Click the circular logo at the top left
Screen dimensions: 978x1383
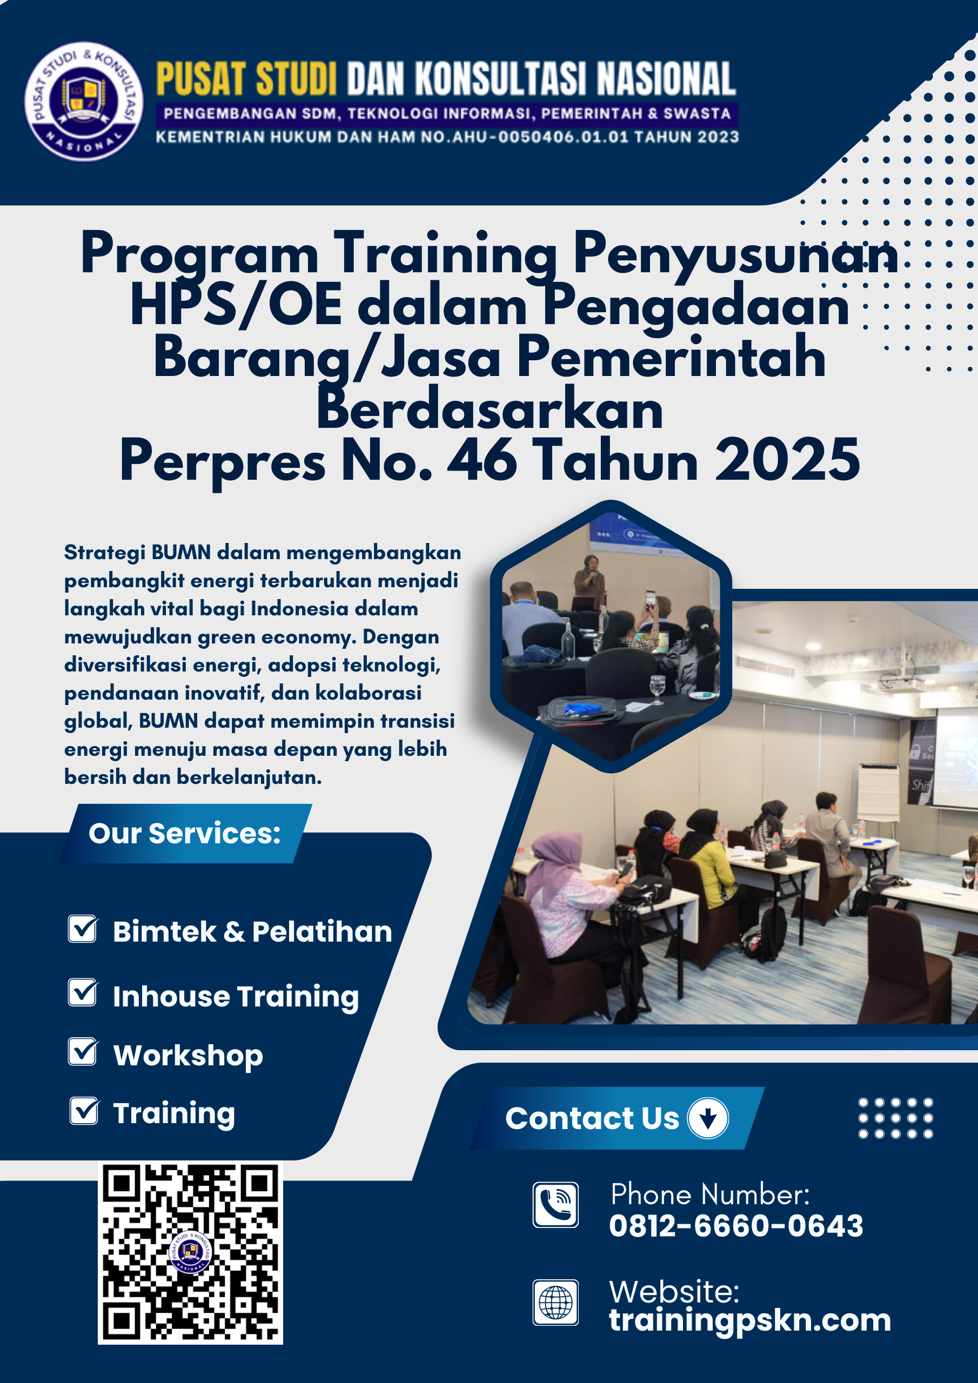84,101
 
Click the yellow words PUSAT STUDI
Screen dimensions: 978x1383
246,79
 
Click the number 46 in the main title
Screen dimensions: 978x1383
482,461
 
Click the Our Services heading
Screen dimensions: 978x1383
184,834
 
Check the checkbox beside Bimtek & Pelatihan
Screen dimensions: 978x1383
83,929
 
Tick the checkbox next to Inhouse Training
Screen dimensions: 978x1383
83,992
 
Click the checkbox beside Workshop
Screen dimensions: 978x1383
83,1052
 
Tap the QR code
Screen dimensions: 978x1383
190,1253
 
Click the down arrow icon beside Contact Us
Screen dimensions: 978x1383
708,1118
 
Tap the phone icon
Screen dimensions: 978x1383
555,1205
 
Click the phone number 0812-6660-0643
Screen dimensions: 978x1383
736,1226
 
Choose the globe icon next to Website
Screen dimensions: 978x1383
555,1303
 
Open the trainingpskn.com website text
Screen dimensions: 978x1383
749,1320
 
